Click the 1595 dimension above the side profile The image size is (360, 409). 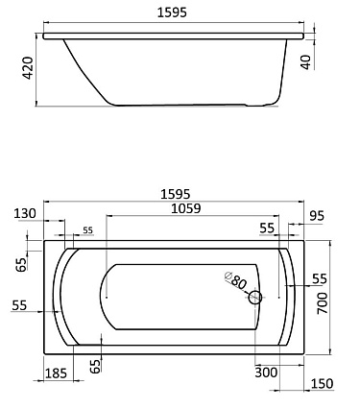(172, 12)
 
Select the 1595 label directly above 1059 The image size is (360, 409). (176, 194)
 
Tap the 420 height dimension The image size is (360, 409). (28, 68)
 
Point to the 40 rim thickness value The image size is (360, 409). (306, 62)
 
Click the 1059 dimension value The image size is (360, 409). (186, 208)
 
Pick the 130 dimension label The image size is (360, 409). (25, 213)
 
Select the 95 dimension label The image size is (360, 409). (317, 216)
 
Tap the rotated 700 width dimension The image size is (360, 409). (322, 303)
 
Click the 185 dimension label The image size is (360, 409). (56, 373)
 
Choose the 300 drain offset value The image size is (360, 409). (266, 373)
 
